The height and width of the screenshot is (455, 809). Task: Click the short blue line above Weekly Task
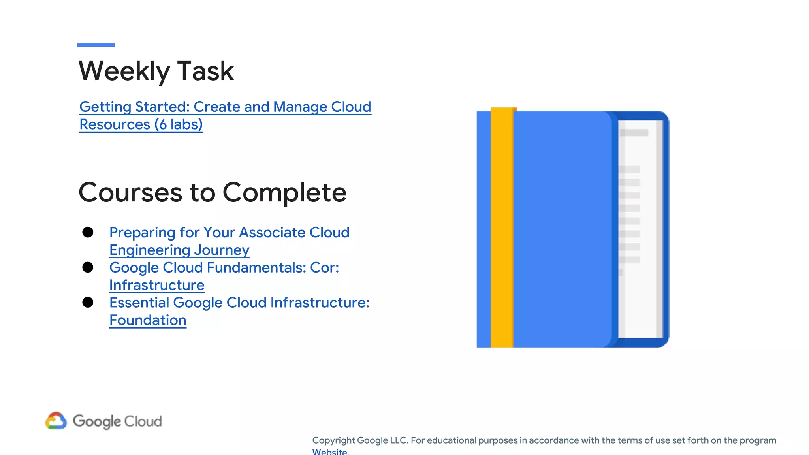point(96,45)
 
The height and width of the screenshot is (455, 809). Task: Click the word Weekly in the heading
point(124,71)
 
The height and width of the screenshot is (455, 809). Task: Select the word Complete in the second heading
point(284,193)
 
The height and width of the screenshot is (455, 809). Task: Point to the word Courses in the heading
point(130,193)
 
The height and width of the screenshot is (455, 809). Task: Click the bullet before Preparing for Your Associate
point(88,232)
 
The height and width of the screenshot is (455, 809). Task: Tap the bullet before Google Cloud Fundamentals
point(88,267)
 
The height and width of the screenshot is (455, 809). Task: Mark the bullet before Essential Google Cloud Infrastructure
point(88,303)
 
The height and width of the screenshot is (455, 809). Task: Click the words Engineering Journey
point(179,250)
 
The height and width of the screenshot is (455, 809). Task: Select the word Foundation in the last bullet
point(148,320)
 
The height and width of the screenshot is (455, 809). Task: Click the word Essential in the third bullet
point(139,303)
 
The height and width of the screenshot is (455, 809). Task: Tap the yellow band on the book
point(502,229)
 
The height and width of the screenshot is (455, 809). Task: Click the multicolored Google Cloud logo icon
point(56,421)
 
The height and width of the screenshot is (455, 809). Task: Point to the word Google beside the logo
point(97,421)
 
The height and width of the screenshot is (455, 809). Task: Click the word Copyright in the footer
point(333,440)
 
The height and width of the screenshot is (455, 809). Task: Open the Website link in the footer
point(330,452)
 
